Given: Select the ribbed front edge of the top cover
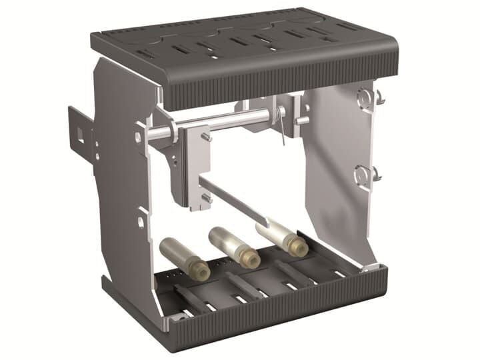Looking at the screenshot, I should [280, 87].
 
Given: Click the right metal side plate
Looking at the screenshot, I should [337, 167].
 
